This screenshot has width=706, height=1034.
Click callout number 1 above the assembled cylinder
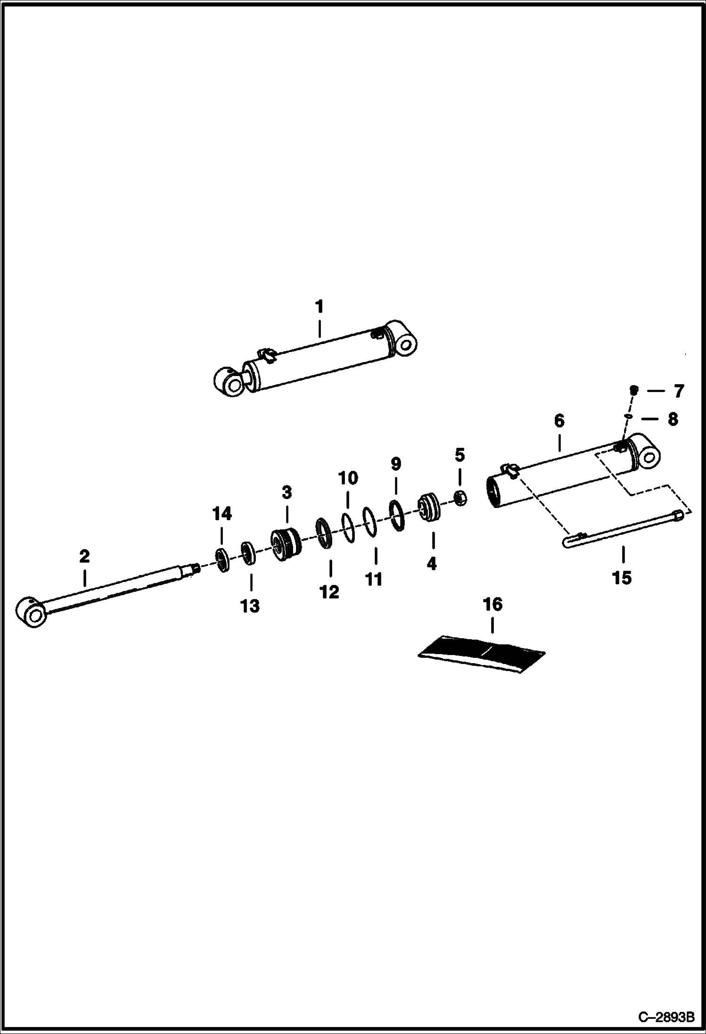[319, 307]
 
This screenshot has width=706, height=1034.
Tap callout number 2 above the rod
[84, 557]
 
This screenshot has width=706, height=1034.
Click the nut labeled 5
[460, 497]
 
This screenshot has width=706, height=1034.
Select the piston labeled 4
[429, 508]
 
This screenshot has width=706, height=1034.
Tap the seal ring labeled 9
[396, 516]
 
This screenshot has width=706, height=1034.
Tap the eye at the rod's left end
[31, 612]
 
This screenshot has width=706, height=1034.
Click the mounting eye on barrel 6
[648, 456]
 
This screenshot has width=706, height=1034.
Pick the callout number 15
[621, 577]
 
